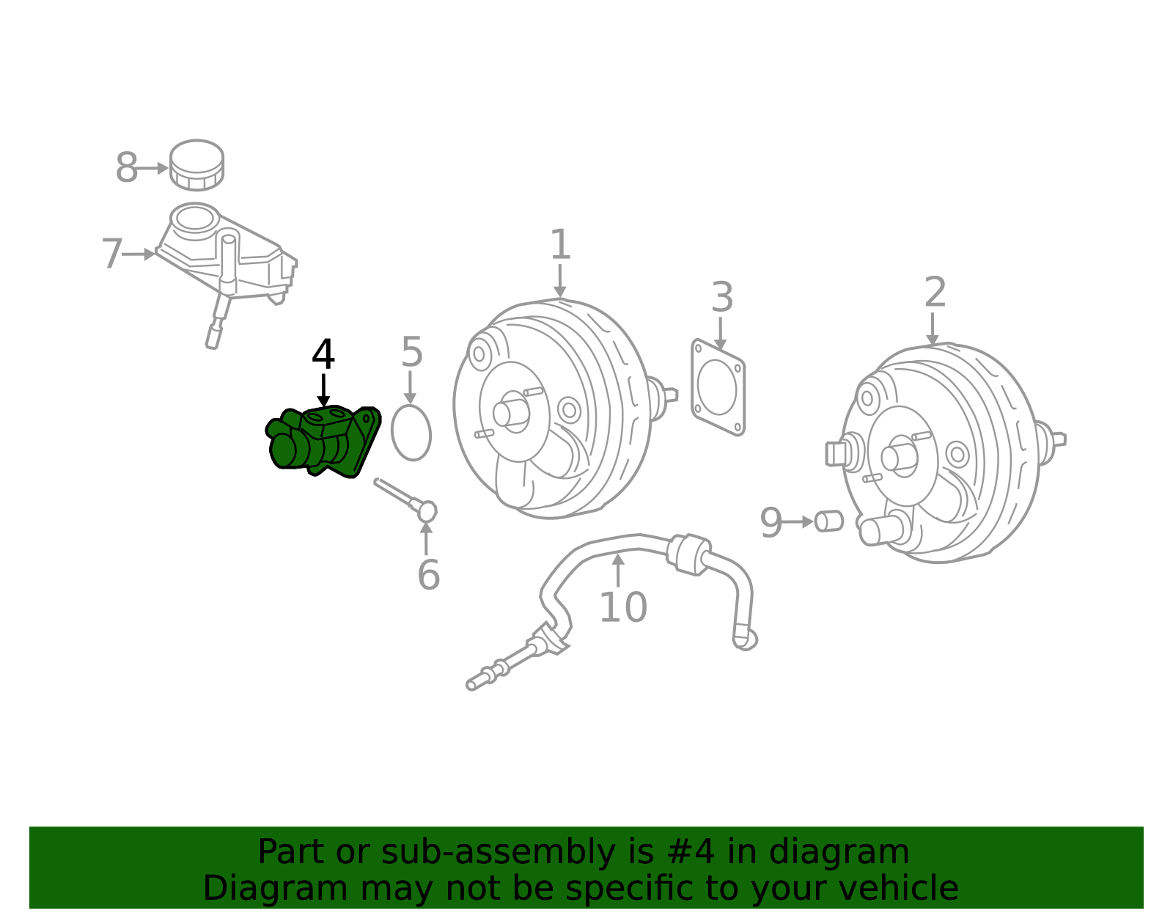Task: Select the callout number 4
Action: point(323,354)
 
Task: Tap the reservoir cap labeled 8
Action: point(196,165)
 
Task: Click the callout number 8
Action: point(127,167)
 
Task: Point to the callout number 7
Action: point(112,253)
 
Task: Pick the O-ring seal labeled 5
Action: point(411,433)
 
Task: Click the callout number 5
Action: point(412,352)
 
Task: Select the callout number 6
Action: point(429,575)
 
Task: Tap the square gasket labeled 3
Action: point(718,387)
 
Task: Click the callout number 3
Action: point(722,297)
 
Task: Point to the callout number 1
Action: point(560,244)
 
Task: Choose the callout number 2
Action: point(935,292)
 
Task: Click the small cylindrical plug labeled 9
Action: point(828,521)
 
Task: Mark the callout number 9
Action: point(771,522)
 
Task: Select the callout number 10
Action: point(623,608)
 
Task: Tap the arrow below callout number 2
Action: point(933,329)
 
